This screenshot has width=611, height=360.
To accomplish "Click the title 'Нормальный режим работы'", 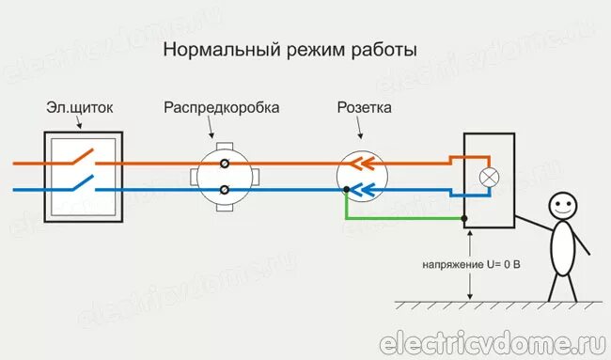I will click(x=290, y=48).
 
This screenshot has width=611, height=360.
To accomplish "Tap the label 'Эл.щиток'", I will click(x=80, y=108).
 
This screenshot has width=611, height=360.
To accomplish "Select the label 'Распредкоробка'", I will click(x=221, y=108).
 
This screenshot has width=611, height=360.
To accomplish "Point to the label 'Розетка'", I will click(x=365, y=108).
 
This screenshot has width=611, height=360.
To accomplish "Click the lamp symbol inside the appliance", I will click(x=489, y=177).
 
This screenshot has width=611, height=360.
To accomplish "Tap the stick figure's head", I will click(x=561, y=205).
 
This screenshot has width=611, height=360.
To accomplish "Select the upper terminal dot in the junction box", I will click(x=225, y=164).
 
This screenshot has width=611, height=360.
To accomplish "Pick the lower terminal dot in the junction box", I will click(x=225, y=190).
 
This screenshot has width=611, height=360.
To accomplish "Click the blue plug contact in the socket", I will click(x=360, y=189).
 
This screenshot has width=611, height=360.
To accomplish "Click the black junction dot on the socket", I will click(x=347, y=191).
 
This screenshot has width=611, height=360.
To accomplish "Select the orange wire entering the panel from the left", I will click(x=28, y=163).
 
